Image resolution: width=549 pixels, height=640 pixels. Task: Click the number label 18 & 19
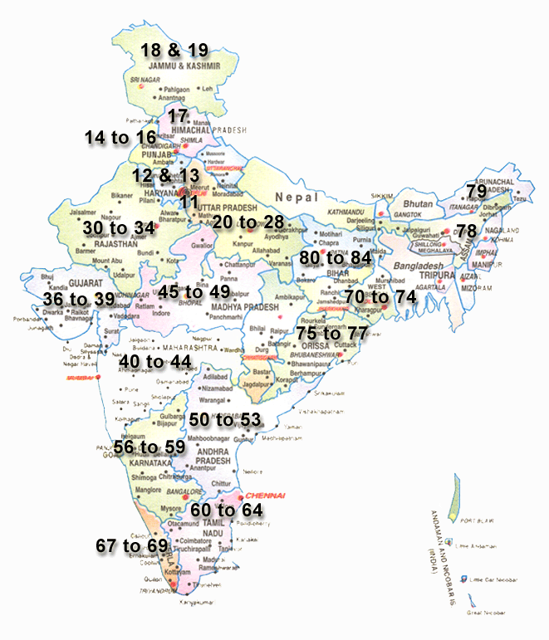click(174, 49)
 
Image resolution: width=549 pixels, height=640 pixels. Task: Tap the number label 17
click(179, 116)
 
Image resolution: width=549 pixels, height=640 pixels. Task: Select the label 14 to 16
click(120, 137)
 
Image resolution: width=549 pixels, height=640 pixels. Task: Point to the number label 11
click(189, 202)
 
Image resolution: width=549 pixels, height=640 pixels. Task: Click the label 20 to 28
click(248, 222)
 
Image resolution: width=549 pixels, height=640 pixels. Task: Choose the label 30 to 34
click(119, 227)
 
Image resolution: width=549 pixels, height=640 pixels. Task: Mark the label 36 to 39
click(79, 299)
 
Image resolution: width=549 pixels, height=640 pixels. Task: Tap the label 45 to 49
click(194, 291)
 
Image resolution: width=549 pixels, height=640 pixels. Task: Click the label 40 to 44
click(155, 362)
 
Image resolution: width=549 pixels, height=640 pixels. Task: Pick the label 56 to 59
click(150, 447)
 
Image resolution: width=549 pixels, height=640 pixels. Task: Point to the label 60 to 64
click(227, 509)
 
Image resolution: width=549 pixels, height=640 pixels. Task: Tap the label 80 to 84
click(336, 257)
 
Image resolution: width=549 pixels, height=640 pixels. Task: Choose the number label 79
click(477, 191)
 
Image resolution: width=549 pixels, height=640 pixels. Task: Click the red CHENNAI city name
click(264, 495)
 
